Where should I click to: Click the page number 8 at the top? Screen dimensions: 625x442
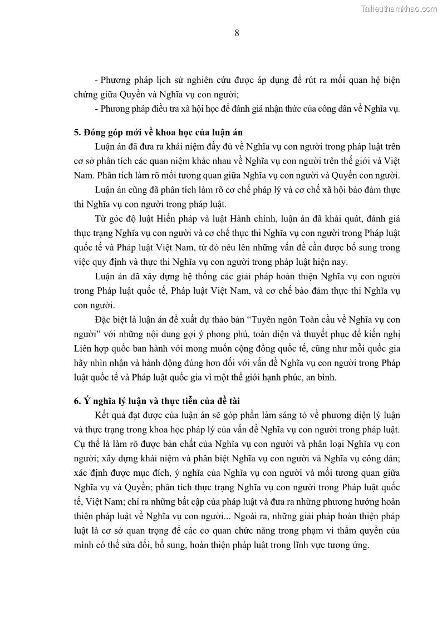pyautogui.click(x=237, y=33)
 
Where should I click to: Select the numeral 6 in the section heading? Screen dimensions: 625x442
pyautogui.click(x=76, y=400)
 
